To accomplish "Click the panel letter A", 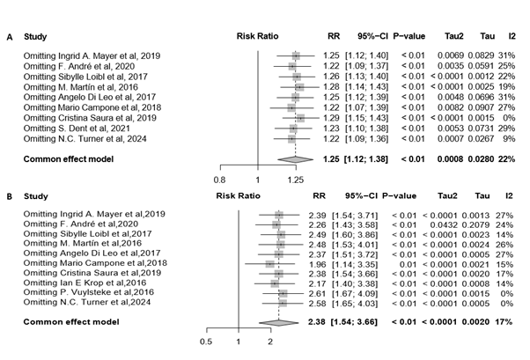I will point(11,38).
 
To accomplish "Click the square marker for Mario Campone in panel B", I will point(269,262).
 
